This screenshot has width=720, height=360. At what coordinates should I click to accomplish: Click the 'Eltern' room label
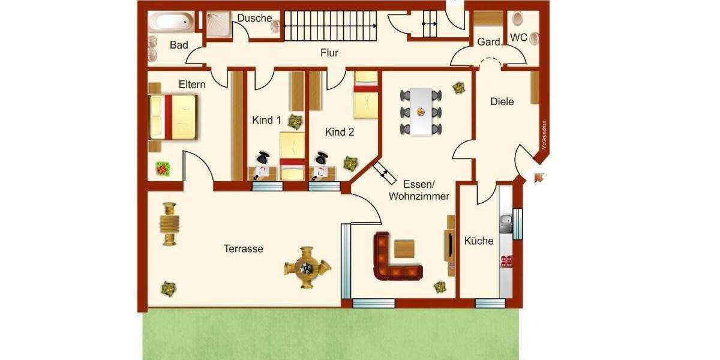192,84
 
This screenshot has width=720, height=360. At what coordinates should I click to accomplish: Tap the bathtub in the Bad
172,23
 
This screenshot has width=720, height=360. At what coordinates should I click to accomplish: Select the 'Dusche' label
254,18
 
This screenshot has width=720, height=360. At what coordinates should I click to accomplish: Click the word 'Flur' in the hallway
329,53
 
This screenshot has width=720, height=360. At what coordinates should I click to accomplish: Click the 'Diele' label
502,101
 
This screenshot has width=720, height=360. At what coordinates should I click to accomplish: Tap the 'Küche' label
479,241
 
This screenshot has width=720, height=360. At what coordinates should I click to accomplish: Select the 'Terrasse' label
244,248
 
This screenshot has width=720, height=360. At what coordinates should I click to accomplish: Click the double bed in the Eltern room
173,116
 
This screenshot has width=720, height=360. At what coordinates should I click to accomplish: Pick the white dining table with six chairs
421,112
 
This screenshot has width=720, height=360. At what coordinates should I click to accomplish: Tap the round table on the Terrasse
307,268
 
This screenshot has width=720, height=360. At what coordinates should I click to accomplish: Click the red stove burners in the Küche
506,261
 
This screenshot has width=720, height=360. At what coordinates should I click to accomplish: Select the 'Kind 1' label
266,120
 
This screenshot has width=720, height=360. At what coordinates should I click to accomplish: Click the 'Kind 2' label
340,132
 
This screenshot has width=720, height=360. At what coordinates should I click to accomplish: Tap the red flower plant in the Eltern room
163,169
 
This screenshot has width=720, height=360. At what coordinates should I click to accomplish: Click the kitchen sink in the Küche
506,222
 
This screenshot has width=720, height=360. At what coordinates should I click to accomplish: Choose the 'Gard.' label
489,42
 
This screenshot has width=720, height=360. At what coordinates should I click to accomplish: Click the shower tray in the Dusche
219,25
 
